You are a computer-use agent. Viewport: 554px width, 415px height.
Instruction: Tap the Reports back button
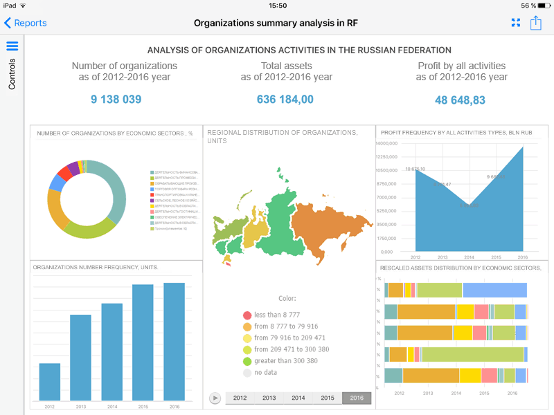pyautogui.click(x=26, y=23)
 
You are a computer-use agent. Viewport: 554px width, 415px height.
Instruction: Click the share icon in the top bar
pyautogui.click(x=535, y=23)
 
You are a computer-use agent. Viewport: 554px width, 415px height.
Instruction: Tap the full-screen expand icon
pyautogui.click(x=515, y=23)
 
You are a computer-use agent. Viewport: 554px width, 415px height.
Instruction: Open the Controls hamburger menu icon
pyautogui.click(x=12, y=46)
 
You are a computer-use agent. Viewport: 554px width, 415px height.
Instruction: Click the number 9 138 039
pyautogui.click(x=116, y=100)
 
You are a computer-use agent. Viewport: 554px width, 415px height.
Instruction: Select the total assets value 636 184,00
pyautogui.click(x=285, y=100)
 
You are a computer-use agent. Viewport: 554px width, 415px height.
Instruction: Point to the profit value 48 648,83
pyautogui.click(x=460, y=100)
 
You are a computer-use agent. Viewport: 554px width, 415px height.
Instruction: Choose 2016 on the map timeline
pyautogui.click(x=357, y=398)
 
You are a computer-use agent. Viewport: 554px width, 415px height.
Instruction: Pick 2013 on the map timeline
pyautogui.click(x=269, y=398)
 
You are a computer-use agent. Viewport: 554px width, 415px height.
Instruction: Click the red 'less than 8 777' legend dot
pyautogui.click(x=247, y=315)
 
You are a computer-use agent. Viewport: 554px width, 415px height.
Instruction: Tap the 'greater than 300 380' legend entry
pyautogui.click(x=285, y=361)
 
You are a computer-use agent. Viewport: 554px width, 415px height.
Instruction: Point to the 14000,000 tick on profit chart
pyautogui.click(x=386, y=144)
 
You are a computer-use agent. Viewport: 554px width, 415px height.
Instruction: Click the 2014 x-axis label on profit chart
pyautogui.click(x=469, y=257)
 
